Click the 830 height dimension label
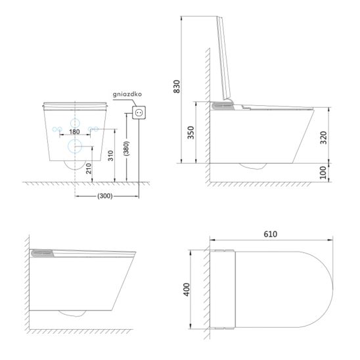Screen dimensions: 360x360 [177, 86]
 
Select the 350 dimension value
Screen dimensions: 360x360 [191, 133]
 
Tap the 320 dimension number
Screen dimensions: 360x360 [323, 137]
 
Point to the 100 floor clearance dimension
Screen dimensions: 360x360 [323, 173]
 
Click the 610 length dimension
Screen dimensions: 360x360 [271, 234]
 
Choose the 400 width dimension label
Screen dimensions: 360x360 [187, 290]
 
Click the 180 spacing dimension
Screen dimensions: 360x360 [74, 132]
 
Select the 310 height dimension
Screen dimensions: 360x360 [110, 156]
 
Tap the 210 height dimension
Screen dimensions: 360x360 [89, 169]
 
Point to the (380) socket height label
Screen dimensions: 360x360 [126, 148]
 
